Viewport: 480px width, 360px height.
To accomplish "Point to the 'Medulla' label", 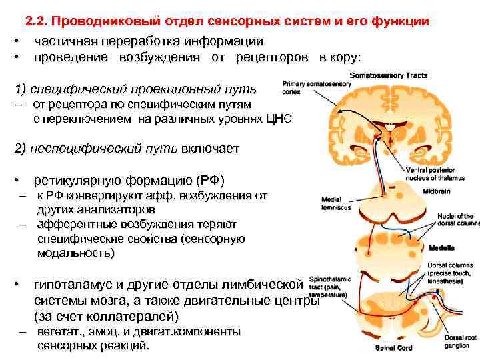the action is tap(442, 247).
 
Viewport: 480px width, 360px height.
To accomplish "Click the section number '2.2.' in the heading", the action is tap(37, 22).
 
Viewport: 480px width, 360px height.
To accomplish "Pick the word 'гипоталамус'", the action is tap(76, 285).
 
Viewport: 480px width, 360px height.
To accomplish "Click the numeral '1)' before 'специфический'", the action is tap(20, 89).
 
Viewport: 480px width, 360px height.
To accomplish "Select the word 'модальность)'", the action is tap(76, 253).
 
